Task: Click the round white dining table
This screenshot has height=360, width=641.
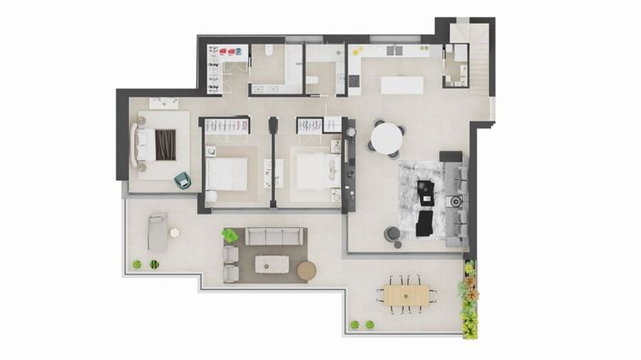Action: pyautogui.click(x=387, y=138)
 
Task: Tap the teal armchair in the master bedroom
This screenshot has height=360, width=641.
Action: pyautogui.click(x=183, y=179)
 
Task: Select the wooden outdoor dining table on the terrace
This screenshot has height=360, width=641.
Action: pyautogui.click(x=406, y=295)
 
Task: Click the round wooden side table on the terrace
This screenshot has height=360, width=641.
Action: pyautogui.click(x=306, y=270)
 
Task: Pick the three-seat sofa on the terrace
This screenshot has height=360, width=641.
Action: pyautogui.click(x=273, y=236)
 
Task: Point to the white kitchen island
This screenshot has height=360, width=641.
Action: pyautogui.click(x=405, y=84)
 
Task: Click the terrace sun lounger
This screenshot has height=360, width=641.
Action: pyautogui.click(x=158, y=233)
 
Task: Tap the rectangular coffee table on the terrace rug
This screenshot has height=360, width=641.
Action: pyautogui.click(x=272, y=264)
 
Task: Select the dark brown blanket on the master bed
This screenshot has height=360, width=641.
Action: pyautogui.click(x=165, y=145)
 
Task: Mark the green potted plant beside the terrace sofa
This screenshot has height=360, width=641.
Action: pyautogui.click(x=230, y=235)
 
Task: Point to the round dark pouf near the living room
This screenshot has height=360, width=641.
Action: pyautogui.click(x=392, y=234)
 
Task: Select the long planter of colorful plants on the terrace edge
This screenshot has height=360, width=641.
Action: pyautogui.click(x=469, y=299)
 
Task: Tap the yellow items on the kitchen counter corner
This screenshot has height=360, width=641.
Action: pyautogui.click(x=356, y=49)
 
